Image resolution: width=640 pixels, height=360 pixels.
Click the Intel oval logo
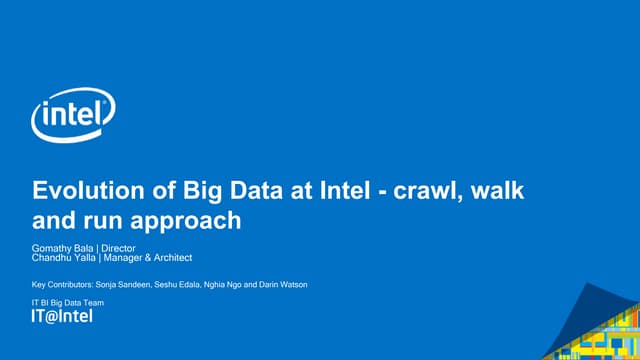point(73,118)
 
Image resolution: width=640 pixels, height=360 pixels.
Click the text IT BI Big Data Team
point(68,302)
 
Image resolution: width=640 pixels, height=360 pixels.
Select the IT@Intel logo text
point(62,317)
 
